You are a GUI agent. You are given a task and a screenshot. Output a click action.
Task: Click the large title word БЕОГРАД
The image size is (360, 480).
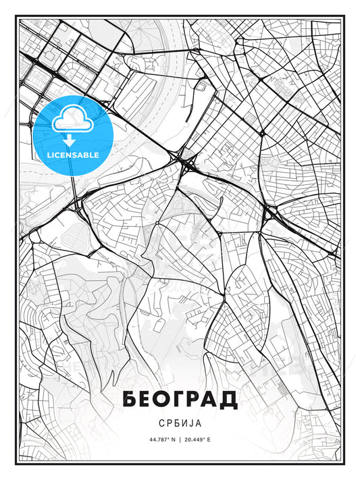[x=180, y=399]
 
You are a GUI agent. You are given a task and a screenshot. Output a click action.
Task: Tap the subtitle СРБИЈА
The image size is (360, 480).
[x=180, y=423]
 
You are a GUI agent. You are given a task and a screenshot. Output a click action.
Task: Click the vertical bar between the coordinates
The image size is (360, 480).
[x=180, y=439]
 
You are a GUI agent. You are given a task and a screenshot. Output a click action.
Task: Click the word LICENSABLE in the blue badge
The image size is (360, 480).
[x=73, y=155]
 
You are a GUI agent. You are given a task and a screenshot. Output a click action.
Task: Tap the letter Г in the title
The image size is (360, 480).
[x=179, y=399]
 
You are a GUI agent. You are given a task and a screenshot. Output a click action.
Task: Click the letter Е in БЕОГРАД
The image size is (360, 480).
[x=147, y=399]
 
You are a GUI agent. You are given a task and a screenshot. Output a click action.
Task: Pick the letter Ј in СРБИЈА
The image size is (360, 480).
[x=195, y=423]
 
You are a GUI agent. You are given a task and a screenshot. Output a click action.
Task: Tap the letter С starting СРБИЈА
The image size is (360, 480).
[x=159, y=423]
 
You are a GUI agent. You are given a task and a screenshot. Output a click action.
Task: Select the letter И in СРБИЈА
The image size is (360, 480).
[x=186, y=423]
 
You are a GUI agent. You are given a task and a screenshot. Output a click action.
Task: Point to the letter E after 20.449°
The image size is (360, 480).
[x=209, y=439]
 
